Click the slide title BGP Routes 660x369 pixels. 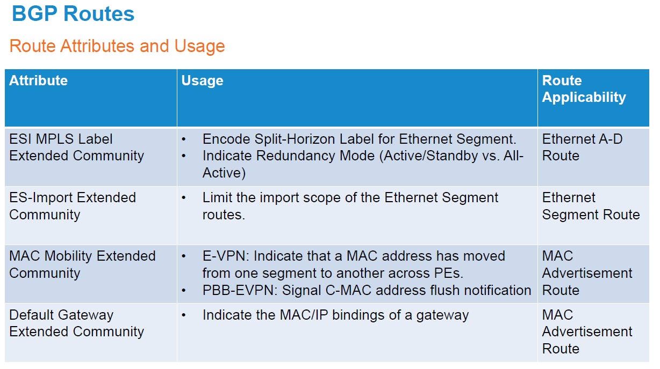click(x=73, y=14)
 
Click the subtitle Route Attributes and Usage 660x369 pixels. click(x=117, y=46)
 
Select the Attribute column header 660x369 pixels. click(x=38, y=80)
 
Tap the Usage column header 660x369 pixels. click(x=202, y=81)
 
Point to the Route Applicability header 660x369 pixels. click(x=584, y=89)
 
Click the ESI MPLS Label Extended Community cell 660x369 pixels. click(x=77, y=147)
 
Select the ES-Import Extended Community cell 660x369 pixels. click(x=73, y=206)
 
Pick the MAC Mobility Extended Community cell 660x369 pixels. click(x=82, y=264)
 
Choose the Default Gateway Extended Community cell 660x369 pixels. click(x=77, y=323)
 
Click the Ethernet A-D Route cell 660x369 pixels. click(x=582, y=147)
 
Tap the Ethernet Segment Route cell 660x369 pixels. click(x=591, y=206)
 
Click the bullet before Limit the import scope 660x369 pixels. click(x=184, y=198)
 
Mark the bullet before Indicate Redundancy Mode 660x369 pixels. click(x=184, y=156)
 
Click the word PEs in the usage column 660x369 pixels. click(x=449, y=273)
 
